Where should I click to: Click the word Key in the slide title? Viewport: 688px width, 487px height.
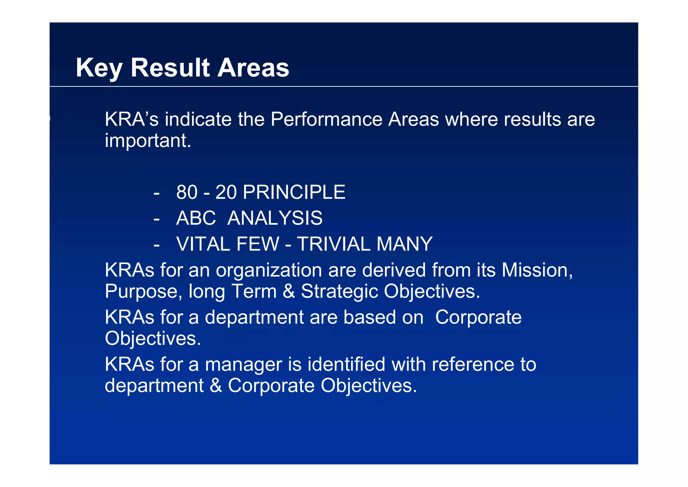coord(99,68)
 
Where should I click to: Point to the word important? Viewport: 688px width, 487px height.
coord(148,141)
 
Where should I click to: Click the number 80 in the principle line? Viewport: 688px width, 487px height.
coord(187,192)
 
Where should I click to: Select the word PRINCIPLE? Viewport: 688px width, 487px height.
coord(294,192)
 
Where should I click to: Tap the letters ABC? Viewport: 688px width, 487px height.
coord(196,218)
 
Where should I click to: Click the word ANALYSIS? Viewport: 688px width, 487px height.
coord(275,218)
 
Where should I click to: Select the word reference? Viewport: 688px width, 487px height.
coord(473,364)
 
